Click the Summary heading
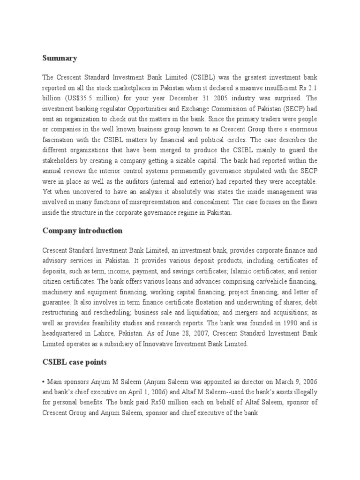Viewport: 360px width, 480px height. coord(60,58)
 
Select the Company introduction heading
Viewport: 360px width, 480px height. coord(82,230)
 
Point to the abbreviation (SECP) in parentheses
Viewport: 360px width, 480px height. coord(292,109)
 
